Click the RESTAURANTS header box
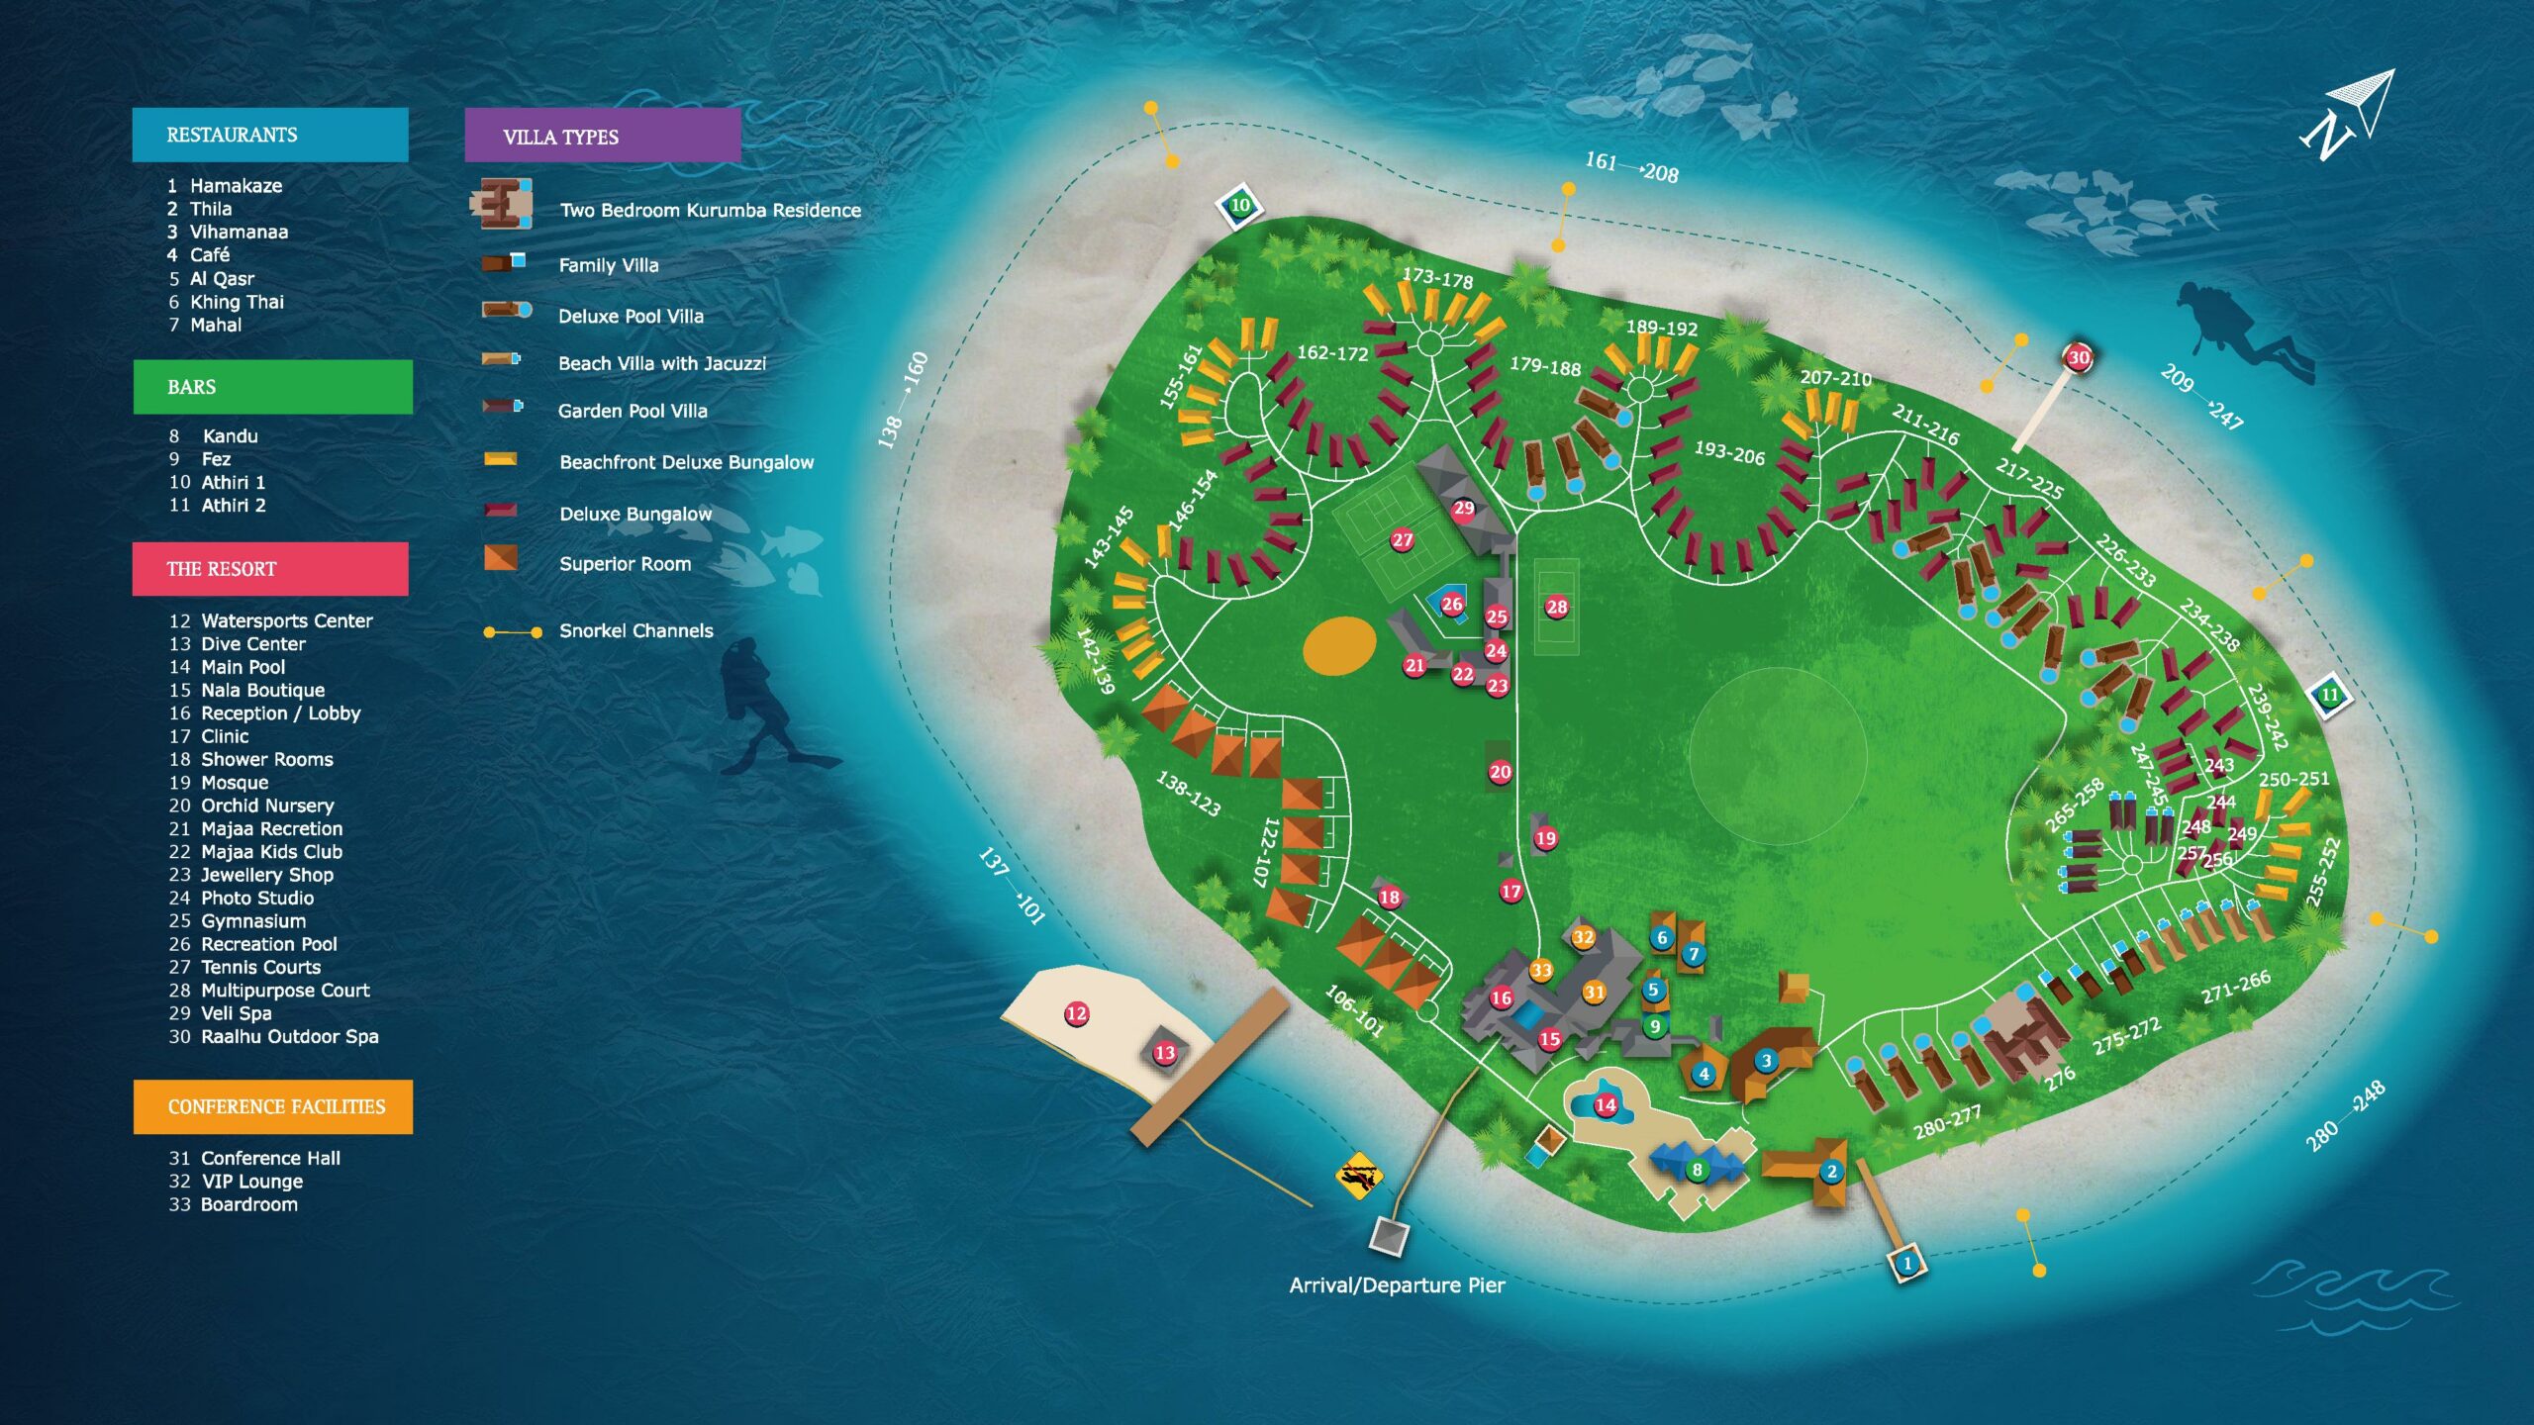pos(270,135)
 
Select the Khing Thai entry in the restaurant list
pos(236,302)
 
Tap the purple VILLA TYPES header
pos(602,137)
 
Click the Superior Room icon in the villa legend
pos(500,558)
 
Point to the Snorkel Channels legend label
pos(635,630)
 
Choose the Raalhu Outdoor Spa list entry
pos(288,1036)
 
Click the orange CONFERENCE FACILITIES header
pos(273,1106)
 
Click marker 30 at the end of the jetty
pos(2078,357)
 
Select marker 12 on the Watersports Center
pos(1076,1013)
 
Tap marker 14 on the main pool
pos(1606,1104)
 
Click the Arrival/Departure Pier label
pos(1396,1284)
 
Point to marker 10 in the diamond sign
pos(1239,206)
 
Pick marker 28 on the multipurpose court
pos(1556,607)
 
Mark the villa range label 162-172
pos(1332,353)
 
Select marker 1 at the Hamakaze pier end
pos(1907,1264)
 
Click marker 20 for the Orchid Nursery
pos(1500,772)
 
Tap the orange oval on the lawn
pos(1338,646)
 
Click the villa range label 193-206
pos(1729,453)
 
